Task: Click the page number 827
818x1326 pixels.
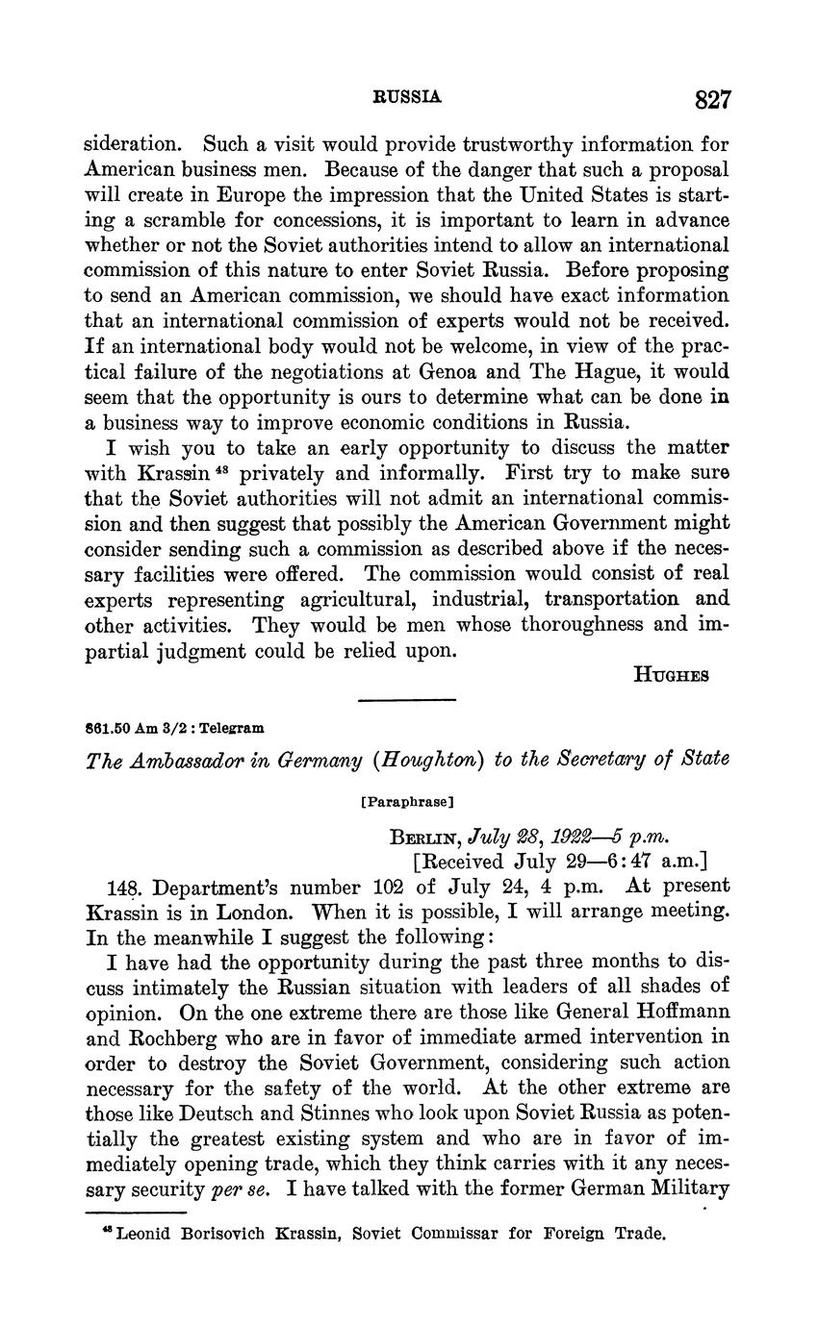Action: click(711, 99)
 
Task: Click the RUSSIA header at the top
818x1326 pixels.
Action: click(408, 97)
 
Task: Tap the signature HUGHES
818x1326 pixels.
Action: click(671, 675)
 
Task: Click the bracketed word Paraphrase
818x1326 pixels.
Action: click(407, 799)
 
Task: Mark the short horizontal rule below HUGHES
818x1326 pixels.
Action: click(406, 700)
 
